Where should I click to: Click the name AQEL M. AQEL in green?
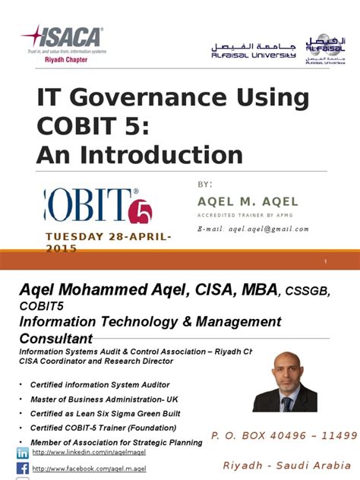(248, 201)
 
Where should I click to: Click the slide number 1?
(325, 262)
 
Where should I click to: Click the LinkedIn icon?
(22, 453)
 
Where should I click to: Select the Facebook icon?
(22, 469)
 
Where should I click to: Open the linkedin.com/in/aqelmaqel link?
(85, 453)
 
